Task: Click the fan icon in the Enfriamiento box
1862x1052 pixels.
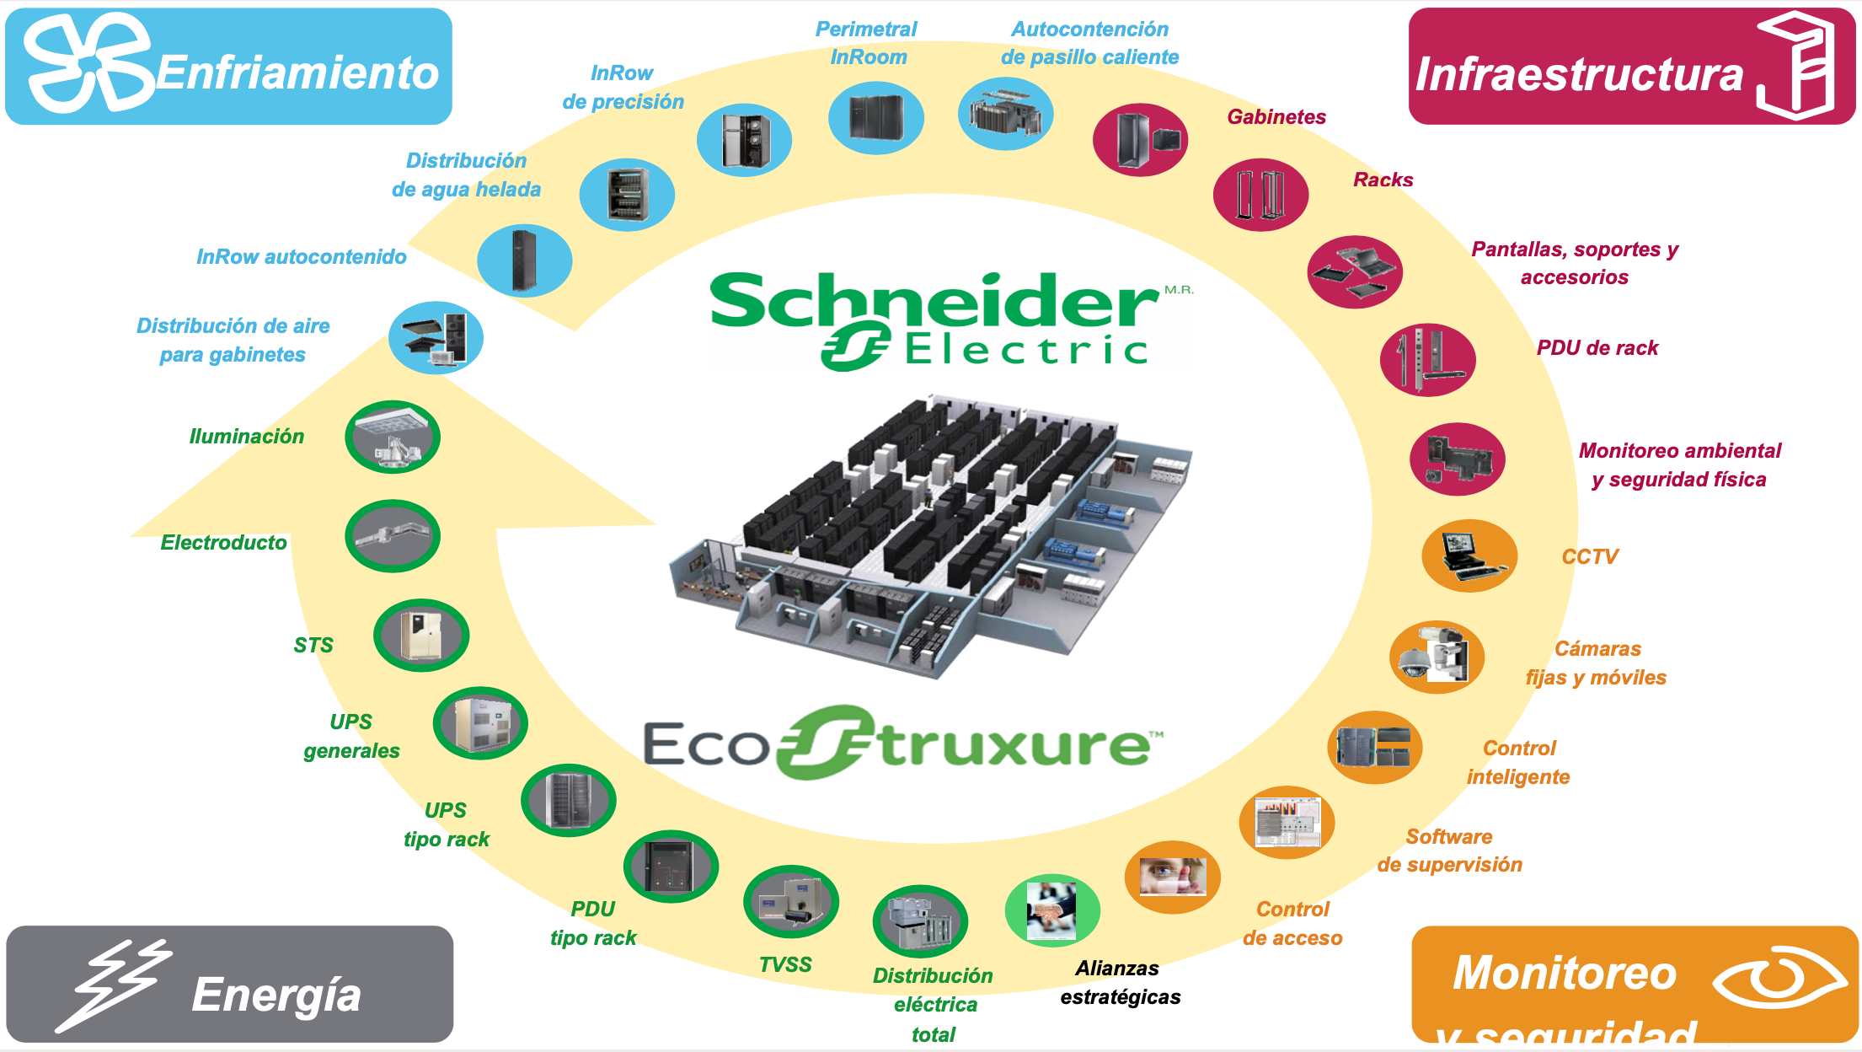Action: pos(88,64)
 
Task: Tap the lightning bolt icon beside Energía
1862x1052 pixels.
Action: pos(114,985)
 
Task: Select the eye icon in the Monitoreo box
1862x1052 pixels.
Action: pos(1779,977)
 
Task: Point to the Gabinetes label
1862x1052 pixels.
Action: pos(1276,117)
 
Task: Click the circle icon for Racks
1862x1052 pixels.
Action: pos(1260,194)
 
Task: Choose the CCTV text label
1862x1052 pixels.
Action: pos(1590,556)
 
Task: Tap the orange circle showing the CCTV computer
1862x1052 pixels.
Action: pos(1469,556)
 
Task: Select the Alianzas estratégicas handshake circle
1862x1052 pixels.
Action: pos(1052,910)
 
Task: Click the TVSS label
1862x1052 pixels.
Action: pos(785,964)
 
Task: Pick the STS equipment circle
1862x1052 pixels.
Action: pos(421,635)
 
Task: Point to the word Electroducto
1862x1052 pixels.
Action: pos(223,542)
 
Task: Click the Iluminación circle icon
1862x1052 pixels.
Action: pos(393,437)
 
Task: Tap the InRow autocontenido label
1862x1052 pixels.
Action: pos(301,257)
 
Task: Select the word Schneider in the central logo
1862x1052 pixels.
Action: pos(934,300)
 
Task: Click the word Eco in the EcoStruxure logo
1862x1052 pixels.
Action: pos(706,744)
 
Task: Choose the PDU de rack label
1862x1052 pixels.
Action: pos(1597,348)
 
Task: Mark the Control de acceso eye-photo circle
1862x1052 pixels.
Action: pos(1173,877)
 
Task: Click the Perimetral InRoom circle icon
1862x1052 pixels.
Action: pos(876,117)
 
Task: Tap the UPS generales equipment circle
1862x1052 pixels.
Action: pos(480,723)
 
